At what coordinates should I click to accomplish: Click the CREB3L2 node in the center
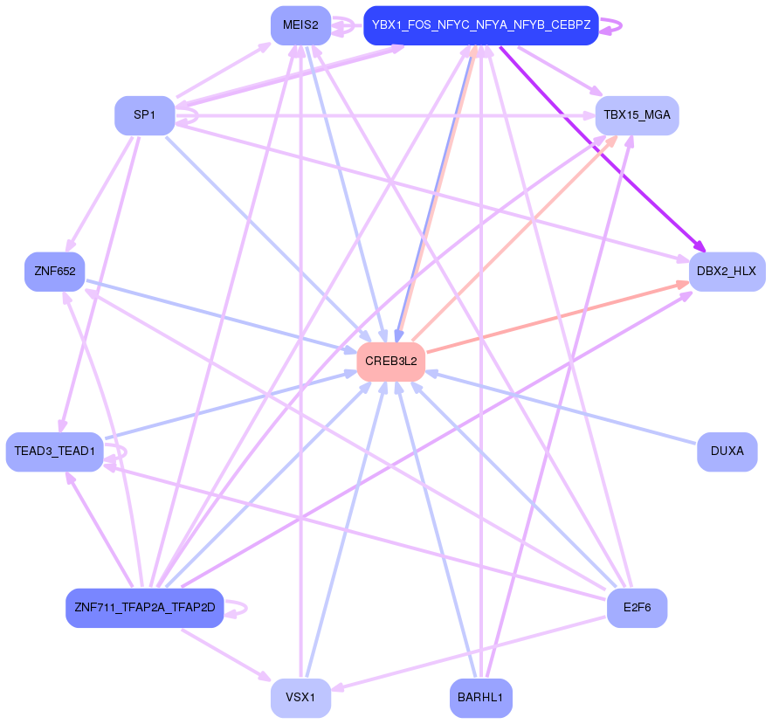[390, 361]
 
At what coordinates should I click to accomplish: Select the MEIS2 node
[300, 25]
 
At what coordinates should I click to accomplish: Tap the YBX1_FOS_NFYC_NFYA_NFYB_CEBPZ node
[480, 25]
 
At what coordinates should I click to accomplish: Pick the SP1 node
[144, 115]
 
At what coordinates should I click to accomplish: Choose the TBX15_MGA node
[637, 115]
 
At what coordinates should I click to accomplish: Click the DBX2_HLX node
[727, 271]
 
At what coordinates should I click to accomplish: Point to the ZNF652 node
[54, 271]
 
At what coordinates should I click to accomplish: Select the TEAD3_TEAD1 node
[54, 452]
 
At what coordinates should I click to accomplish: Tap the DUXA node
[727, 452]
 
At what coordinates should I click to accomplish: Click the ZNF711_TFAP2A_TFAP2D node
[145, 607]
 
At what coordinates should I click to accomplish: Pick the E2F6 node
[637, 607]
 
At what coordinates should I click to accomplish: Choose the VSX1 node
[300, 698]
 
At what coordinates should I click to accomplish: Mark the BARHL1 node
[480, 698]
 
